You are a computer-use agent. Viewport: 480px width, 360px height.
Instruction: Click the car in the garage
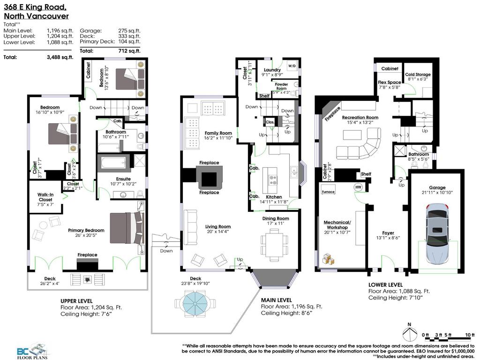pyautogui.click(x=436, y=233)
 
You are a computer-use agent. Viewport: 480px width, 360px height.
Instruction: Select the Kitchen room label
pyautogui.click(x=274, y=197)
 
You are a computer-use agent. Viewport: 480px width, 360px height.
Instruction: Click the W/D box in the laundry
pyautogui.click(x=292, y=66)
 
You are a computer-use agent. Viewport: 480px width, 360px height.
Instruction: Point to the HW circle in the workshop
pyautogui.click(x=359, y=187)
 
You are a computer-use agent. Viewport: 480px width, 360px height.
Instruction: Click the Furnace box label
pyautogui.click(x=327, y=192)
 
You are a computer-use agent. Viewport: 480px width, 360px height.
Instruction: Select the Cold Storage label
pyautogui.click(x=418, y=75)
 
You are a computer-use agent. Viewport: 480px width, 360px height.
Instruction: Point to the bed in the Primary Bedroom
pyautogui.click(x=126, y=228)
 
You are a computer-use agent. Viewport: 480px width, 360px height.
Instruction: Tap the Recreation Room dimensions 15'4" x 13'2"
pyautogui.click(x=360, y=123)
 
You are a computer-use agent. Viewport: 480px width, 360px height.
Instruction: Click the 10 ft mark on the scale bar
pyautogui.click(x=469, y=334)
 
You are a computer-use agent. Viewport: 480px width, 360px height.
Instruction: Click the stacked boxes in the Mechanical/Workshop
pyautogui.click(x=327, y=258)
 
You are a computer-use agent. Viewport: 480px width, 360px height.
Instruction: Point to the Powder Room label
pyautogui.click(x=281, y=86)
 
